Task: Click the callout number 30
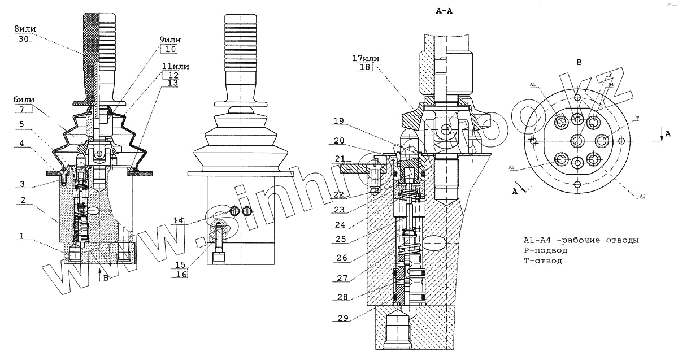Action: [x=22, y=38]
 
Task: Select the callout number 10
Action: [x=170, y=49]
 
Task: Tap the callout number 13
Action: [x=172, y=83]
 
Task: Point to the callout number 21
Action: [x=340, y=158]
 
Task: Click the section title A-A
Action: [x=445, y=11]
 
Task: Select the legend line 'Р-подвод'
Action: [x=545, y=250]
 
